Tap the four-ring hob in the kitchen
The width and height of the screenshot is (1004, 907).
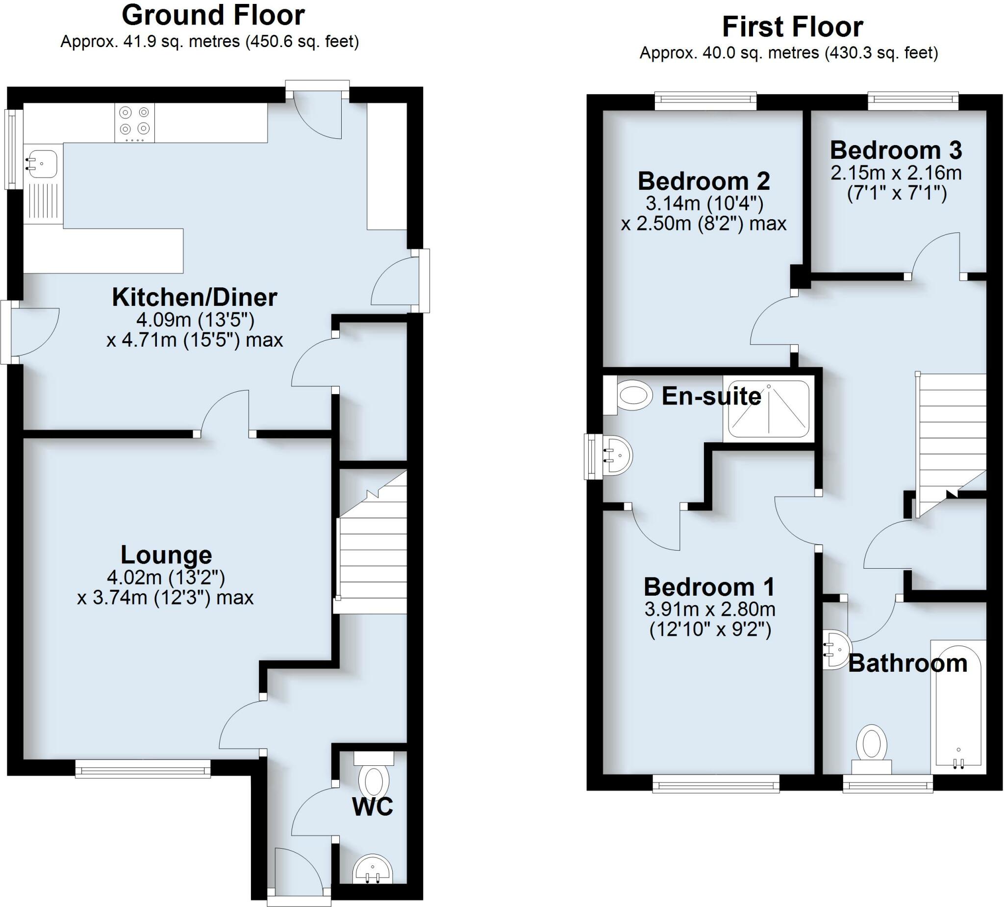point(134,123)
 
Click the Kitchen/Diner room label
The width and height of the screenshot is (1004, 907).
point(194,298)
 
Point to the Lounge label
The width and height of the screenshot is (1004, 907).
point(166,555)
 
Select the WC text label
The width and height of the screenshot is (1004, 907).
point(373,806)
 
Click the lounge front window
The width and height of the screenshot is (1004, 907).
point(143,769)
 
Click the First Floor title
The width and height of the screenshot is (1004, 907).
point(792,27)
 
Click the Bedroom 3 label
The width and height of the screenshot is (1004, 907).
point(896,150)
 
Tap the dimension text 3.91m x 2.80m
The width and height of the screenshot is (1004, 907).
point(710,609)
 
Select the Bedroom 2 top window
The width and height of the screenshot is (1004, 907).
point(705,101)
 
